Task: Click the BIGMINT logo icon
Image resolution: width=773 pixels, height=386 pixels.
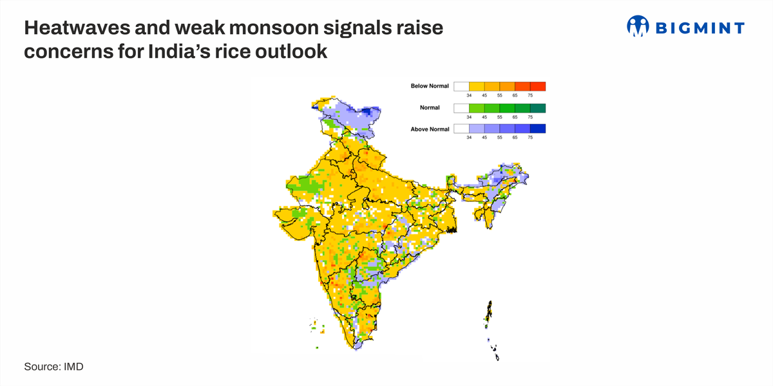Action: (638, 26)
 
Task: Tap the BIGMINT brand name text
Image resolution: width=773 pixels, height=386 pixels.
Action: (700, 28)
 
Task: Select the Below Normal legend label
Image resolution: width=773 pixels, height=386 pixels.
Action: (429, 86)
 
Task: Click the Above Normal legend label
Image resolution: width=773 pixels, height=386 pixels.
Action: (429, 129)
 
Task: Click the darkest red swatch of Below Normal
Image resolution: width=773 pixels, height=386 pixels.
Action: (538, 86)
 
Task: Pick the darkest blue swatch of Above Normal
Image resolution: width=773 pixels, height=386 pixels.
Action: (538, 129)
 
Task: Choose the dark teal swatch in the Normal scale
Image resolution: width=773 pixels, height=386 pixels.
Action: (538, 107)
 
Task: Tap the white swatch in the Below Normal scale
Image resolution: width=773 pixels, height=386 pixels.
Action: (461, 86)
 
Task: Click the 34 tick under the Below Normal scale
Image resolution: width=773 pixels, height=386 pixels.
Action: (469, 95)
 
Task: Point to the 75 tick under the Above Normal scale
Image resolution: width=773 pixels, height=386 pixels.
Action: (530, 138)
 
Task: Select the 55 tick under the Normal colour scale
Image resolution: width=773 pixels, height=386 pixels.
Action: (499, 117)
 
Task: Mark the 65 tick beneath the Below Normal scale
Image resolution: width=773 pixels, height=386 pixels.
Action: (515, 95)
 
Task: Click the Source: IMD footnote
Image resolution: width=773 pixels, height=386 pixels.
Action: (54, 367)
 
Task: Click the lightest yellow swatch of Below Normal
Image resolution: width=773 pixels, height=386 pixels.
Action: (477, 86)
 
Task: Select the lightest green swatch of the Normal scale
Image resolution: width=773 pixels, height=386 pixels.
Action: (477, 107)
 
